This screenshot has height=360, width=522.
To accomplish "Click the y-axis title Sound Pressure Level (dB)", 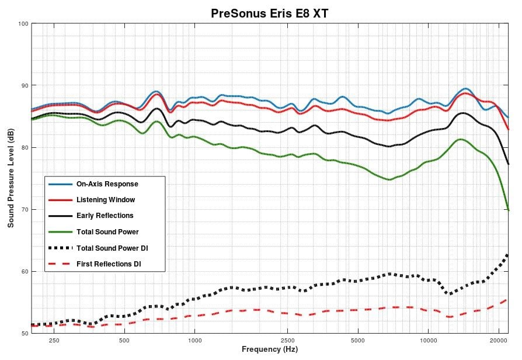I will coord(11,179).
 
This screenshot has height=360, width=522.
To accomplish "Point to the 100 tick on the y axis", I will coord(23,23).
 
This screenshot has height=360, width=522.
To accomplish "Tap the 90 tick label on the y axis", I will coord(23,85).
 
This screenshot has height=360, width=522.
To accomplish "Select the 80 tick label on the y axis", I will coord(23,147).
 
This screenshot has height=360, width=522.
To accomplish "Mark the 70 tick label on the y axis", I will coord(23,209).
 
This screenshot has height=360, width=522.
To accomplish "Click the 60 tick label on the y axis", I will coord(23,271).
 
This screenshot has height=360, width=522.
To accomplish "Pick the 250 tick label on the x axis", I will coord(54,340).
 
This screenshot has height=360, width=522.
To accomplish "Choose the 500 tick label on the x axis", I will coord(124,340).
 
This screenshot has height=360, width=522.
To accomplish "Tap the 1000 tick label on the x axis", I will coord(194,340).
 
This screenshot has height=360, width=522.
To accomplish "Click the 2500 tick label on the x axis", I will coord(287,340).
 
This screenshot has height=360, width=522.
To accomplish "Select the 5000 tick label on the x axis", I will coord(358,340).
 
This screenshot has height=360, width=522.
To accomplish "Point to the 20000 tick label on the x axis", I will coord(498,340).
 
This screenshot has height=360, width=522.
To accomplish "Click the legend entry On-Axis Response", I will coord(107,184).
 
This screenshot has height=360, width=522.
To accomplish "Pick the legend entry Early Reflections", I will coord(105,216).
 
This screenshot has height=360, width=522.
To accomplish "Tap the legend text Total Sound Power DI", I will coord(112,248).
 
